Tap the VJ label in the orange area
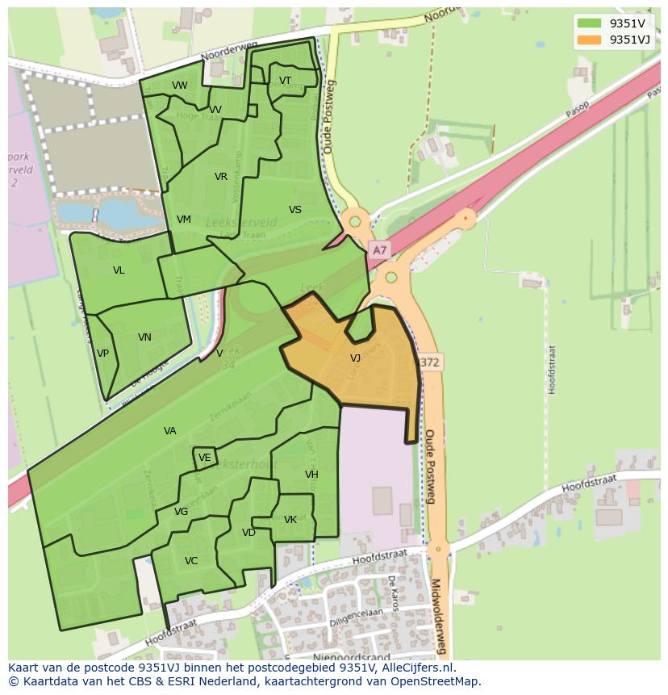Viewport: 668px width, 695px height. (x=355, y=358)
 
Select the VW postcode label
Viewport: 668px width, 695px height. (x=179, y=86)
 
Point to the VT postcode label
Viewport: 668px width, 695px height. (x=285, y=81)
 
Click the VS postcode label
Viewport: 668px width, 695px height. (x=295, y=210)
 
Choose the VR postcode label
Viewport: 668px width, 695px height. (x=221, y=177)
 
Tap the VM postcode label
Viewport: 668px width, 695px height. (x=184, y=220)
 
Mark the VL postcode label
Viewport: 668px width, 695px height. (x=119, y=270)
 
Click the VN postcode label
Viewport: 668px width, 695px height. (x=144, y=337)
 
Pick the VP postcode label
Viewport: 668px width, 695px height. (x=102, y=354)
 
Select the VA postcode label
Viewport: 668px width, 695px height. (x=169, y=431)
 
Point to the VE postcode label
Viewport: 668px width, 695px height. (x=205, y=458)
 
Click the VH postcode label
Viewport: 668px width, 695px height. (x=311, y=475)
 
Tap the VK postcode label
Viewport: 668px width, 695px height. (x=290, y=520)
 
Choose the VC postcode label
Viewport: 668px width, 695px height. (x=191, y=561)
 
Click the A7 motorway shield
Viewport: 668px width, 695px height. (x=378, y=250)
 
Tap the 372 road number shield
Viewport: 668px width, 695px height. (x=430, y=362)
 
